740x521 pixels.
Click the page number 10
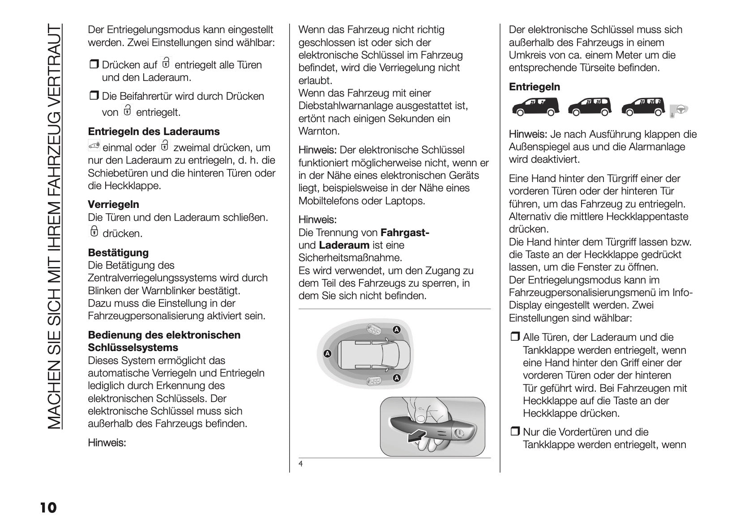[x=48, y=508]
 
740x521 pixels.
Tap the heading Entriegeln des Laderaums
[x=154, y=131]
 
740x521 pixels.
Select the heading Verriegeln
[x=113, y=204]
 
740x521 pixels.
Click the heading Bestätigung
[x=118, y=253]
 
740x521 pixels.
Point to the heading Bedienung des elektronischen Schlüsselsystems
[x=164, y=341]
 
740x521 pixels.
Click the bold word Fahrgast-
[x=405, y=233]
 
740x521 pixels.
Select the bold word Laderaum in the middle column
[x=344, y=245]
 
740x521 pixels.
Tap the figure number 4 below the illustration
[x=301, y=464]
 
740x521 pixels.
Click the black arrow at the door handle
[x=417, y=435]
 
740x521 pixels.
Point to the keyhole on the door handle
[x=459, y=433]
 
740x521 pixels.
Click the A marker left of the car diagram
[x=327, y=353]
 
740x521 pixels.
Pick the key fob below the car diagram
[x=372, y=381]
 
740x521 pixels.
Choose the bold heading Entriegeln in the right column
[x=535, y=87]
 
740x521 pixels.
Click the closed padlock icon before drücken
[x=94, y=232]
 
